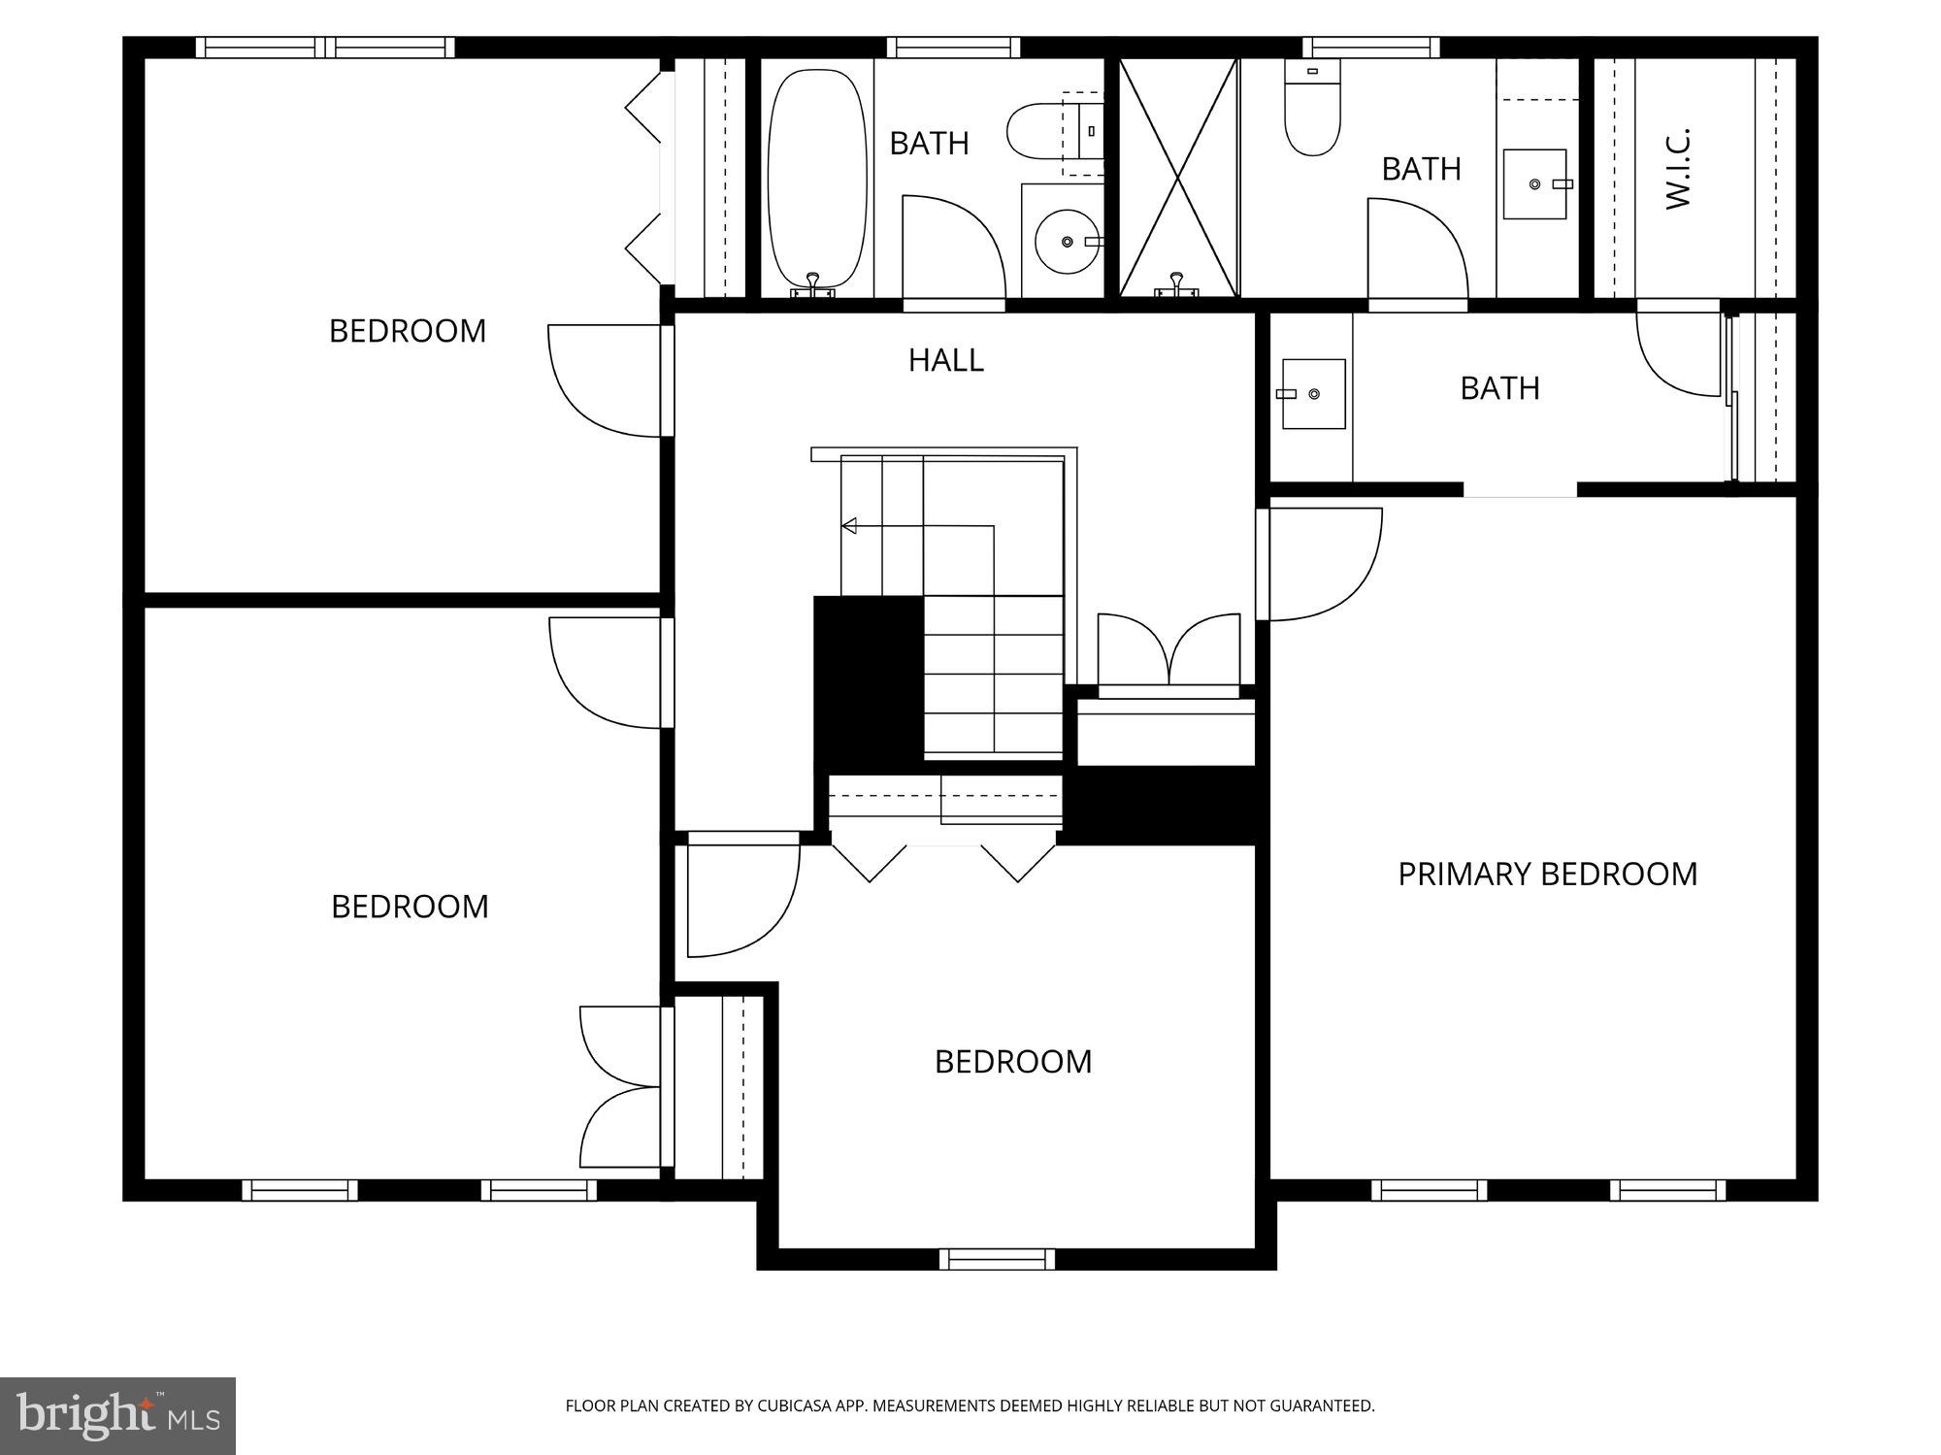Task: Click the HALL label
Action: (945, 360)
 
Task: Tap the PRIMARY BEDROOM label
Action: (1547, 874)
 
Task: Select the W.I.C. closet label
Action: (1678, 168)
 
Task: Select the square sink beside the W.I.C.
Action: (1534, 183)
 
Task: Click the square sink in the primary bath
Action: (1313, 393)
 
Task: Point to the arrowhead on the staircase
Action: (849, 526)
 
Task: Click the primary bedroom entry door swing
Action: (1325, 568)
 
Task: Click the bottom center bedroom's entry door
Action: (742, 898)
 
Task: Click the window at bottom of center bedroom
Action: (997, 1259)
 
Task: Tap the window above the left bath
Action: (953, 47)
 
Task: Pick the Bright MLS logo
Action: (117, 1415)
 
